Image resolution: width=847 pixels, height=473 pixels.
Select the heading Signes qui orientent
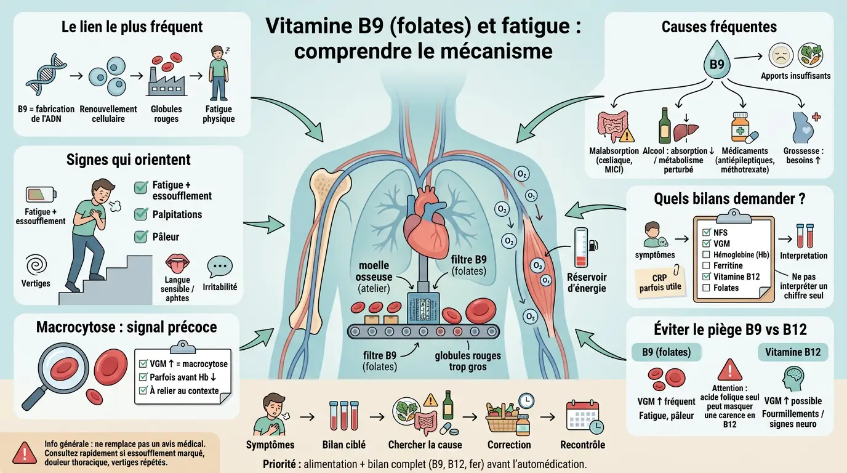click(128, 160)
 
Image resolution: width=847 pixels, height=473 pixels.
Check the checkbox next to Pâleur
click(141, 236)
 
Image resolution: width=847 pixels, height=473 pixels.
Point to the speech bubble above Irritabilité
click(222, 265)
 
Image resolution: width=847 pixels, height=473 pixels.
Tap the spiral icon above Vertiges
click(36, 264)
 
